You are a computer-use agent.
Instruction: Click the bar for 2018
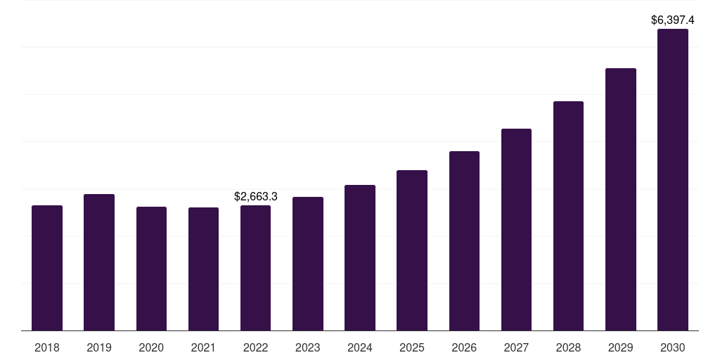click(47, 268)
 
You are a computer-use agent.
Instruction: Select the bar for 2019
click(99, 262)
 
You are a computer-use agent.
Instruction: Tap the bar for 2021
click(203, 269)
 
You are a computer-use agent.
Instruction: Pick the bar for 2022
click(255, 268)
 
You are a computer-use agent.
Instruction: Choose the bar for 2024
click(360, 257)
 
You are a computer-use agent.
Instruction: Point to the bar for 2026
click(464, 240)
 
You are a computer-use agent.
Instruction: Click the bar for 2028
click(568, 216)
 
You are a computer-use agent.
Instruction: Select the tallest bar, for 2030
click(673, 179)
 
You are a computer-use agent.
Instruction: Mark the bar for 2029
click(621, 199)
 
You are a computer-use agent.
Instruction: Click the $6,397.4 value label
click(673, 20)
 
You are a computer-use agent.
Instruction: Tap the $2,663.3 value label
click(256, 197)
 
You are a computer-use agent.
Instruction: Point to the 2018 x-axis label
click(47, 347)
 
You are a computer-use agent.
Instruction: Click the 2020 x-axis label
click(151, 347)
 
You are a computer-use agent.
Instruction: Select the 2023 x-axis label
click(308, 347)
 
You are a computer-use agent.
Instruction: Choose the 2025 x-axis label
click(412, 347)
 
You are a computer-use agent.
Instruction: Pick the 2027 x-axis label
click(516, 347)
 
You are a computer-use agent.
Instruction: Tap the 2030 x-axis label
click(673, 347)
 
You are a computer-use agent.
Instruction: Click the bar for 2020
click(152, 269)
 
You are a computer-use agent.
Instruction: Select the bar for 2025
click(412, 250)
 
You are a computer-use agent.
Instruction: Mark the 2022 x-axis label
click(255, 347)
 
